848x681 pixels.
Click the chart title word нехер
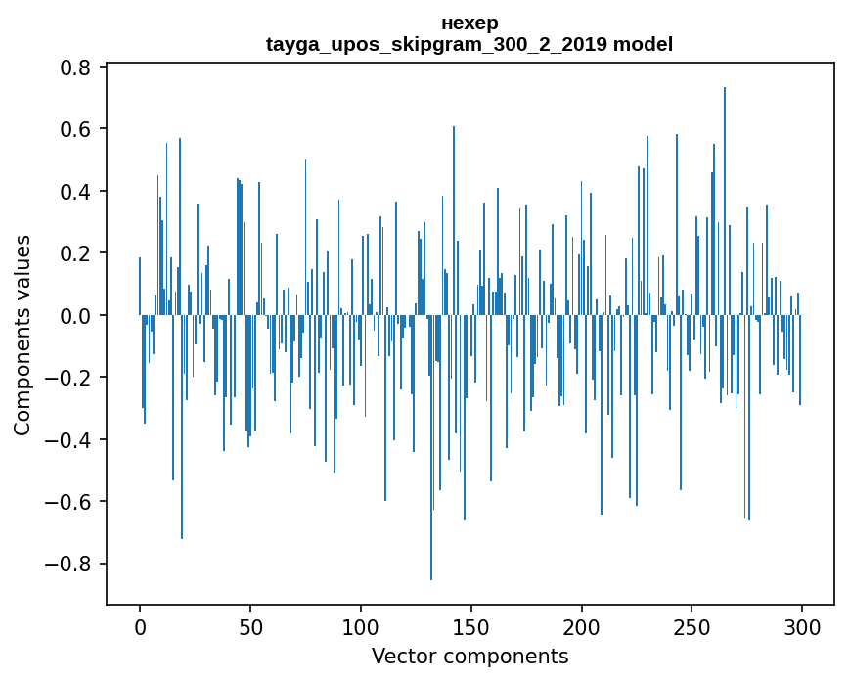tap(469, 23)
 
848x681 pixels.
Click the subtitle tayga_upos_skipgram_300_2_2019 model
tap(469, 44)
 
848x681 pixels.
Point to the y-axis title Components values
tap(22, 335)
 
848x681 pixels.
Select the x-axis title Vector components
tap(469, 656)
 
